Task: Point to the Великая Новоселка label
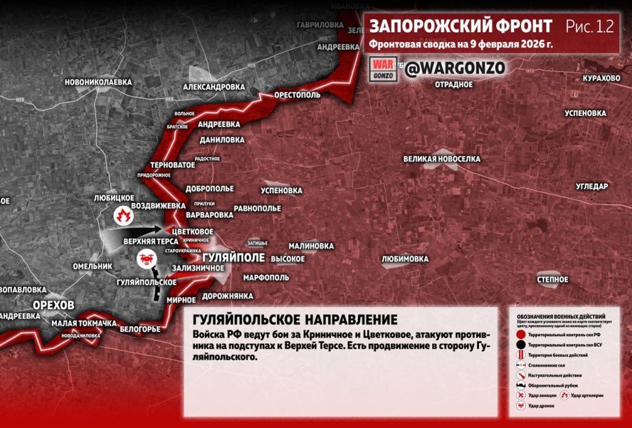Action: coord(441,159)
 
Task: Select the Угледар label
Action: coord(592,186)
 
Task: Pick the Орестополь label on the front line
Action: coord(297,96)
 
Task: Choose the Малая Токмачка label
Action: coord(84,324)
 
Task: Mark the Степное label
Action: coord(552,279)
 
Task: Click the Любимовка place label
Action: coord(405,259)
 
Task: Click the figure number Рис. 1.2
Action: coord(589,27)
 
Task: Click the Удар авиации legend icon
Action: coord(522,395)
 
